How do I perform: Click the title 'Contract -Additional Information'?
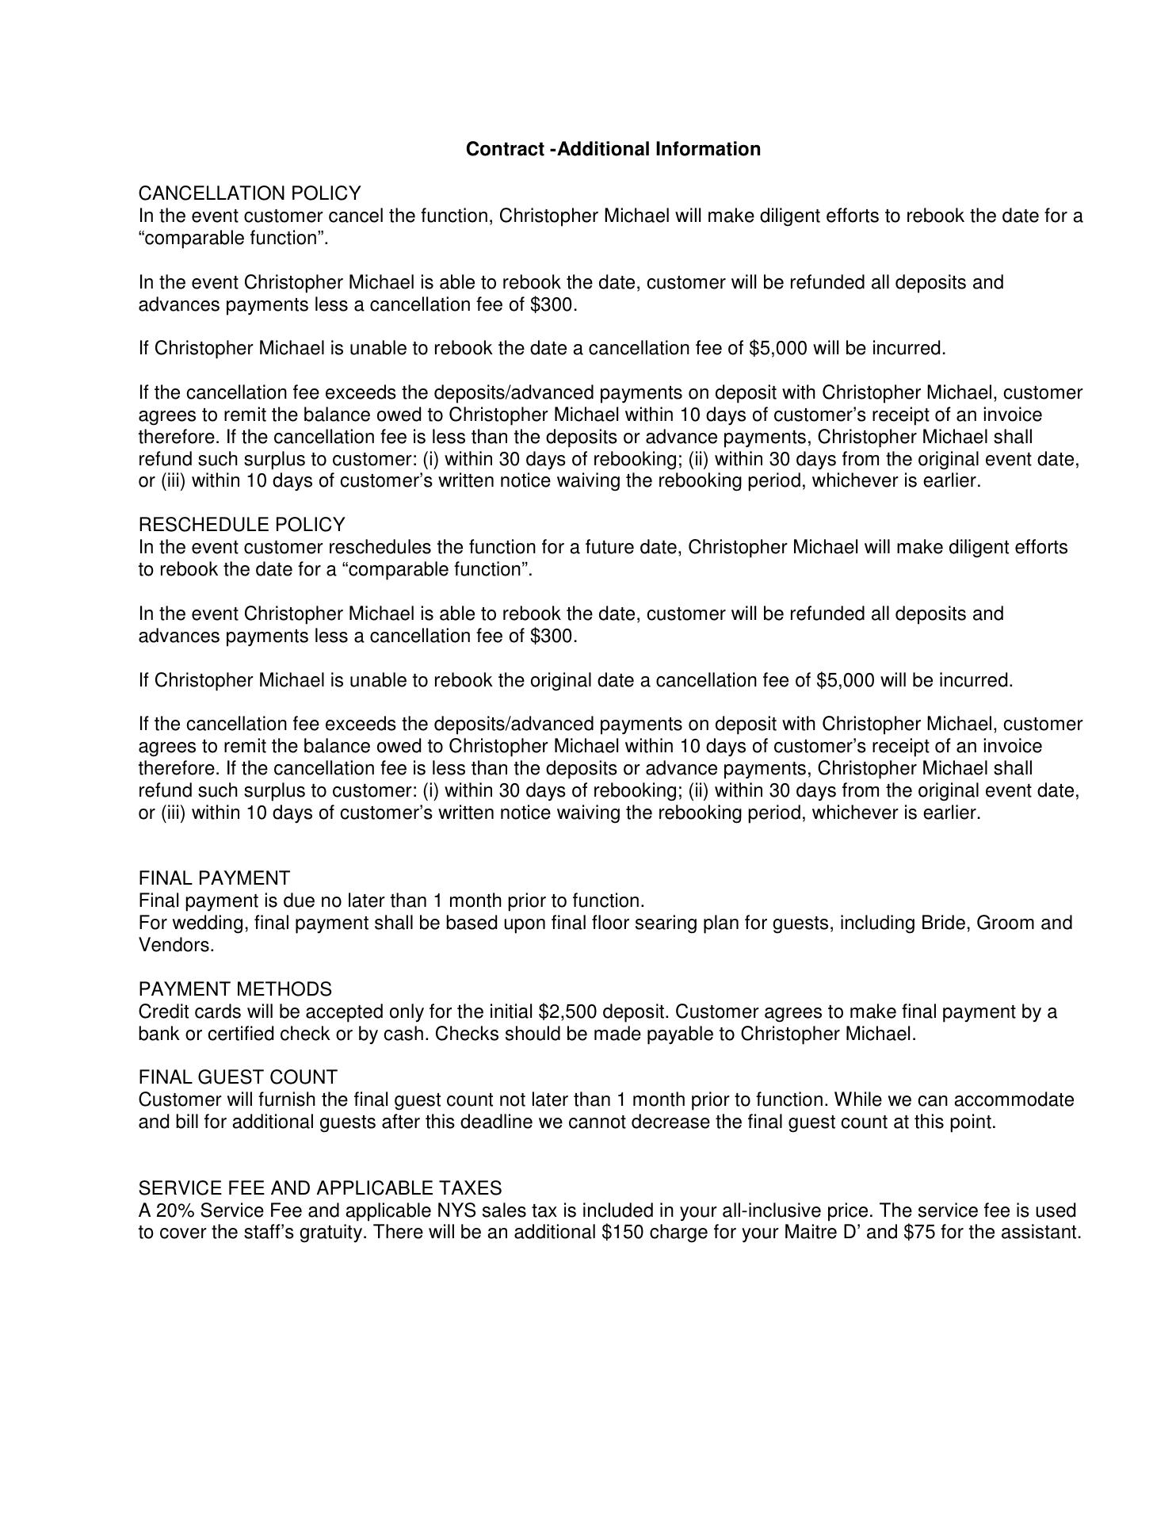click(613, 149)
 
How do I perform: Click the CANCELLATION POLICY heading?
click(250, 193)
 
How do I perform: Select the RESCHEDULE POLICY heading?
click(242, 525)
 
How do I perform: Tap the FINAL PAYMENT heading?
click(214, 878)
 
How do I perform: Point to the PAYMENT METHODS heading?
click(235, 989)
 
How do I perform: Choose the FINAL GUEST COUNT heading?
click(238, 1077)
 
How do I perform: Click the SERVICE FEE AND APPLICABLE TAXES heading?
click(320, 1188)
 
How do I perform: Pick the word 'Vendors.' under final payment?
click(176, 946)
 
